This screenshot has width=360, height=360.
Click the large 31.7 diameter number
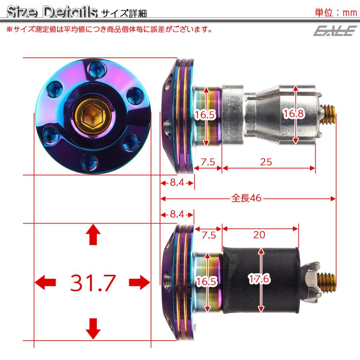93,283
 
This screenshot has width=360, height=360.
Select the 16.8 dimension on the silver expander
294,114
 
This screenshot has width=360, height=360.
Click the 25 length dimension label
266,162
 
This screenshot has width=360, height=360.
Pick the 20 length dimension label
259,235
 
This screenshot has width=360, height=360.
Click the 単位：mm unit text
336,12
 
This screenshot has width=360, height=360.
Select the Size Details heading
52,12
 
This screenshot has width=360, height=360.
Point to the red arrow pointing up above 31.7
93,234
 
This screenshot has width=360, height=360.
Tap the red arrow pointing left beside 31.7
45,282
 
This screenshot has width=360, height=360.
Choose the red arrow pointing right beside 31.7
140,282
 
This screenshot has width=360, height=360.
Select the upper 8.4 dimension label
176,183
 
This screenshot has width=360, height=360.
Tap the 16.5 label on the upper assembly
206,116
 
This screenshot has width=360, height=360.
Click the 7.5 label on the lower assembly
208,235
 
